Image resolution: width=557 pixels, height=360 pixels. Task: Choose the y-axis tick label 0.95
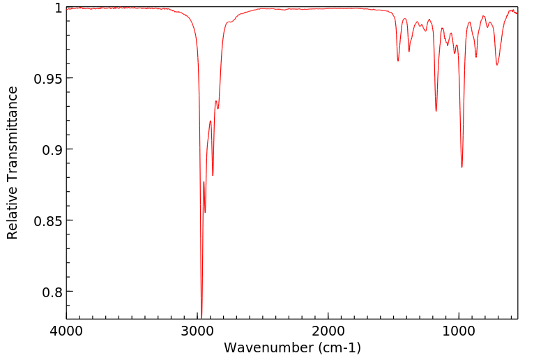(47, 79)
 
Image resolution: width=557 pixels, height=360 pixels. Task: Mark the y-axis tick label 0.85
(47, 220)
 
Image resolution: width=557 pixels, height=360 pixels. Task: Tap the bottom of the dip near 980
(461, 167)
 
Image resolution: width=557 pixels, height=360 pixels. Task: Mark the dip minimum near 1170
(436, 111)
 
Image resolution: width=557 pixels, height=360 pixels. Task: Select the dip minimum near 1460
(398, 61)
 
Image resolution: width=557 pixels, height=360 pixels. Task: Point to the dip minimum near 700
(497, 65)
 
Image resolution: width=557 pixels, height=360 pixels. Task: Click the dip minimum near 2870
(213, 175)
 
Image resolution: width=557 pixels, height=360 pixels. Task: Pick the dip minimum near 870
(476, 57)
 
